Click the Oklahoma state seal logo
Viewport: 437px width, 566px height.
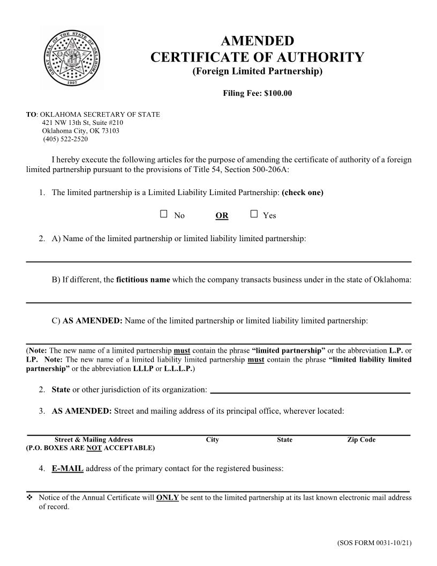71,57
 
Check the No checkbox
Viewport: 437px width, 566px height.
164,214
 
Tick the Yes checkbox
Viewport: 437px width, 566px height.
254,214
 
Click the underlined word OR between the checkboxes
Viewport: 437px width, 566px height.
222,215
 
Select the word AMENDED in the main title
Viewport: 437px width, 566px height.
257,41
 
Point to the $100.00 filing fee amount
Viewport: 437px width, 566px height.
278,93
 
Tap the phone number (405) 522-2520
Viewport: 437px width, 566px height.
65,139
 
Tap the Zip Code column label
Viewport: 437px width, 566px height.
361,440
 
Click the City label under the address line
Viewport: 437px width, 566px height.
212,440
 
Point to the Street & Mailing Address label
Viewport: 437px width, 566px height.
94,440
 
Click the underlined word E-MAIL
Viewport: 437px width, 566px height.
67,468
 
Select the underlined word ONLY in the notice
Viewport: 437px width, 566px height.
167,497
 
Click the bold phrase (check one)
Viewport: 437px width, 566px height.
303,192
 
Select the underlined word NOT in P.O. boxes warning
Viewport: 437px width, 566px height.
94,448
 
